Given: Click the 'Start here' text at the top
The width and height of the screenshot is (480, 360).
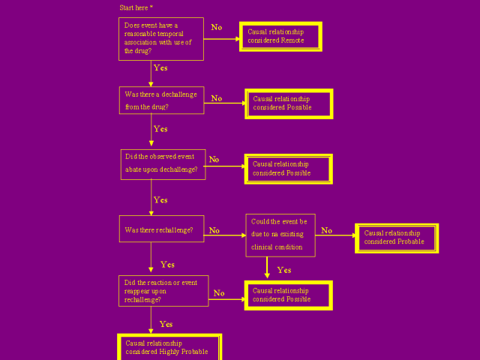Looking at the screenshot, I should coord(136,7).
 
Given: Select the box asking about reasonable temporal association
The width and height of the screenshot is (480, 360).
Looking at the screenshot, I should coord(161,38).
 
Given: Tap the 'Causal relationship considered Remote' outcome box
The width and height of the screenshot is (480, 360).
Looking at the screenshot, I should coord(280,36).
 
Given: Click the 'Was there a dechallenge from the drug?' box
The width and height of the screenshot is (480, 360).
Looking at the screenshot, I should coord(161,100).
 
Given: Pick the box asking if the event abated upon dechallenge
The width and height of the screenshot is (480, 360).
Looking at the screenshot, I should coord(162,163).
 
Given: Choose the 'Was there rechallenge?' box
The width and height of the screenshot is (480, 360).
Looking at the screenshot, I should coord(161,229).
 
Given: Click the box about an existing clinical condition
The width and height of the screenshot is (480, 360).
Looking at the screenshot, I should coord(280,234).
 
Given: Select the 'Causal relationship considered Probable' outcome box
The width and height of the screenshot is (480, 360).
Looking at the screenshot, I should coord(396,238).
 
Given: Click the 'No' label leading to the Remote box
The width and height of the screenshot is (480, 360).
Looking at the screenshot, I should coord(216,27).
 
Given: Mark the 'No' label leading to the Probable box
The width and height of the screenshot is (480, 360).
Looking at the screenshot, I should coord(326,230).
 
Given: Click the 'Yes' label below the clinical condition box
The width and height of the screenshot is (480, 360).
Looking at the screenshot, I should coord(284,270).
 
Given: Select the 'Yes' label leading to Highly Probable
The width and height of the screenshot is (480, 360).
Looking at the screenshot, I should coord(166,324).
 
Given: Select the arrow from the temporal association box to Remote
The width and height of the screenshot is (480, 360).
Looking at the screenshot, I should coord(221,37).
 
